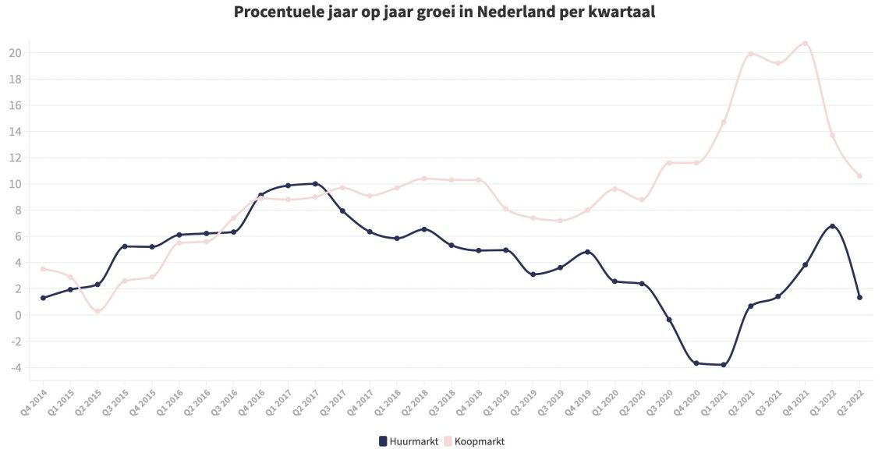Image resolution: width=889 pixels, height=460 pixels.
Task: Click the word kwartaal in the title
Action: (x=622, y=12)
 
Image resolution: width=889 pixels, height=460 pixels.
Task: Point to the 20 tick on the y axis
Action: (x=15, y=53)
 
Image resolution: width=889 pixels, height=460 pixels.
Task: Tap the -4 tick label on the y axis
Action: (x=15, y=367)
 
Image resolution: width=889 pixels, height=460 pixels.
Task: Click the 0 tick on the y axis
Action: (x=17, y=315)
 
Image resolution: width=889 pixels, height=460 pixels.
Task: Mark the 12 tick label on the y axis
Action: (x=15, y=157)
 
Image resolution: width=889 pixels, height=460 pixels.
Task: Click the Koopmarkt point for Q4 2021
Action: (x=805, y=44)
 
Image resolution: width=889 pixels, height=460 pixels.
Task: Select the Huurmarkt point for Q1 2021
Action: (x=724, y=364)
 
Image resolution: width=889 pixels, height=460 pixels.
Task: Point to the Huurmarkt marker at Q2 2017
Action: (x=315, y=184)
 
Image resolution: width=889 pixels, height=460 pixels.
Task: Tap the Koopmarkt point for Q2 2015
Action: (x=97, y=311)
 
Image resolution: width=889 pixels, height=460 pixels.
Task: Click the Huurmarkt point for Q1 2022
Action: (x=832, y=226)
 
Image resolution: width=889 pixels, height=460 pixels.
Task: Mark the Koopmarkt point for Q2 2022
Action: (x=859, y=175)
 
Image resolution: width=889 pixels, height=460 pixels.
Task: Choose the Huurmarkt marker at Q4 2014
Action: (x=43, y=298)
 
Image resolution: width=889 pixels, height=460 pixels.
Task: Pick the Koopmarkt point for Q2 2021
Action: (x=751, y=54)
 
